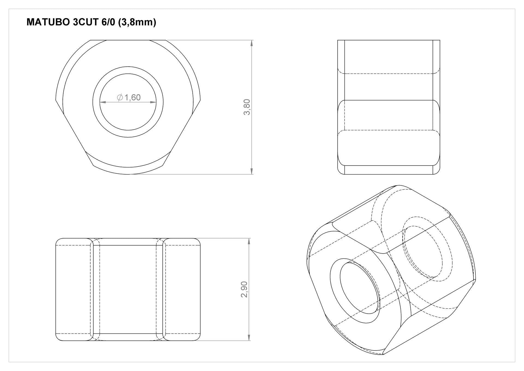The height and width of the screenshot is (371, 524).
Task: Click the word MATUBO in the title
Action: (x=48, y=22)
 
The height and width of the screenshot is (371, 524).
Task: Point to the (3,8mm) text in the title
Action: (x=137, y=22)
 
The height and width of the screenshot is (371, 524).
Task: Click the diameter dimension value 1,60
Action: (x=132, y=97)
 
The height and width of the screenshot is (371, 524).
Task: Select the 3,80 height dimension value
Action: (x=247, y=107)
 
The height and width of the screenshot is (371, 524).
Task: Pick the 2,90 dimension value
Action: (x=244, y=289)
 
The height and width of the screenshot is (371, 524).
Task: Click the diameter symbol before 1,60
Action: (x=120, y=97)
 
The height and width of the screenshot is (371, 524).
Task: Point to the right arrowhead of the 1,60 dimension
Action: (x=153, y=102)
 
